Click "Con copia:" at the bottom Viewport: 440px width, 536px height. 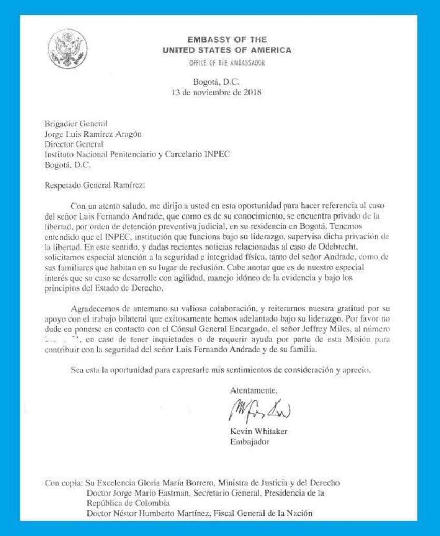coord(63,483)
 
